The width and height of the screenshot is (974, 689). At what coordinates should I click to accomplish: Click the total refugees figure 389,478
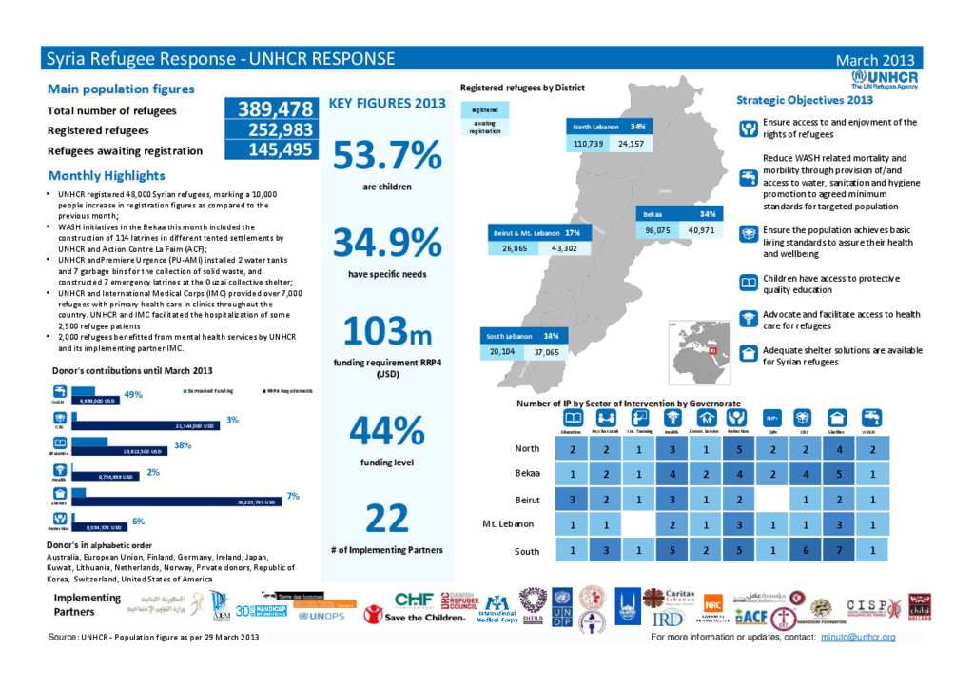[269, 109]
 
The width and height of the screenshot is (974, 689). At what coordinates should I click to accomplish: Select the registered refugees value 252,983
[269, 129]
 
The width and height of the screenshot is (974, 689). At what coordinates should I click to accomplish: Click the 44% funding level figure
[386, 431]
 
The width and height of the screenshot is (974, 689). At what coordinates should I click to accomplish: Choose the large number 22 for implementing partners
[386, 519]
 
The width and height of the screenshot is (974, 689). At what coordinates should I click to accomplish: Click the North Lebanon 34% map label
[609, 127]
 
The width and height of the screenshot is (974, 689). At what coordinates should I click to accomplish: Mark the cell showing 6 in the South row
[805, 551]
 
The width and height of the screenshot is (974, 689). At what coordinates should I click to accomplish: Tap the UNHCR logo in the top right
[885, 79]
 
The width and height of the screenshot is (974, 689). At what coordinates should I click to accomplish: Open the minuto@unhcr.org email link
[858, 636]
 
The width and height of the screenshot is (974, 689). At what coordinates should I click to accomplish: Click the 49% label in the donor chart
[133, 394]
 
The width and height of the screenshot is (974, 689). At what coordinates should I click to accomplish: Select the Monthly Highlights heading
[107, 175]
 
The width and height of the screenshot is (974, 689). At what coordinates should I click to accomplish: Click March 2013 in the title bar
[874, 60]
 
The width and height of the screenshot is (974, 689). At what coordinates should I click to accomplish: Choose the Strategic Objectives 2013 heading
[805, 99]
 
